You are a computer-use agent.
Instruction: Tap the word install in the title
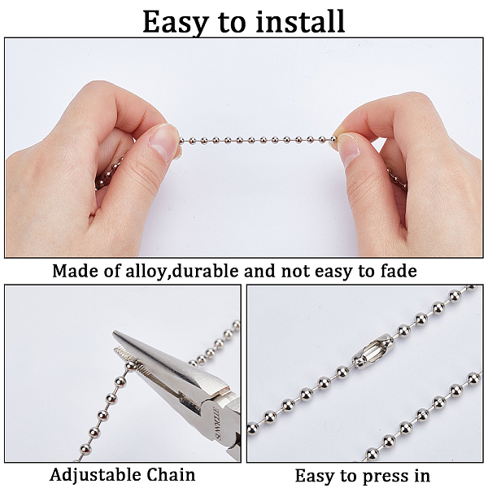[300, 20]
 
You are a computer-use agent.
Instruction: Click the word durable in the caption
[205, 271]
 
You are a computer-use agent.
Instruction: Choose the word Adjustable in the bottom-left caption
[95, 475]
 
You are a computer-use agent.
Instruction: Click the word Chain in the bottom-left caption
[171, 475]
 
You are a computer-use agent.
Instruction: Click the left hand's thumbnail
[163, 142]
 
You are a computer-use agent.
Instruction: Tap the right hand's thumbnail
[348, 150]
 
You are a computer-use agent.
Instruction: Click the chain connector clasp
[373, 351]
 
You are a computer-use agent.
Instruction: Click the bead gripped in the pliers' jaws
[131, 365]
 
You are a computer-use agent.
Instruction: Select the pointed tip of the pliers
[114, 332]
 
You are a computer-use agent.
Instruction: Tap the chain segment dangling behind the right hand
[397, 179]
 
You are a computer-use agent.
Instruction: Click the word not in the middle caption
[295, 272]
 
